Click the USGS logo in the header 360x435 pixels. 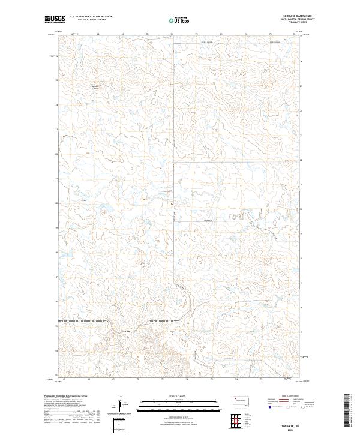coord(55,20)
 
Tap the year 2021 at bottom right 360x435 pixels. coord(290,430)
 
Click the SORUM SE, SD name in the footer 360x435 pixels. coord(290,425)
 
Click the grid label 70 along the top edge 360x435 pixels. coord(146,34)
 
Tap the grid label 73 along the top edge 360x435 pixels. coord(221,34)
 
